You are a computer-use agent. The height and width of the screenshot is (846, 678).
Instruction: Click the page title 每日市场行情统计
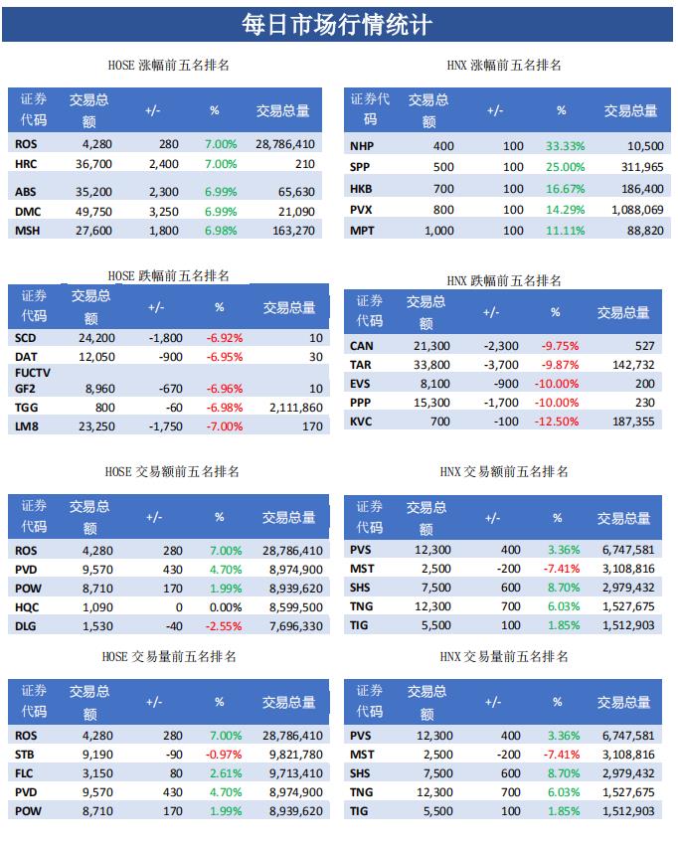pos(338,23)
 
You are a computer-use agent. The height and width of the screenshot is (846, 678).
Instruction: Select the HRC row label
pos(26,164)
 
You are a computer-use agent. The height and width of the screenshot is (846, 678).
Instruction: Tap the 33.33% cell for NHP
pos(565,146)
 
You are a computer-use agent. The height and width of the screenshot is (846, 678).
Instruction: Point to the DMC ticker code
pos(28,212)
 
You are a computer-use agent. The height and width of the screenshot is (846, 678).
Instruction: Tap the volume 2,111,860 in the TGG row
pos(295,407)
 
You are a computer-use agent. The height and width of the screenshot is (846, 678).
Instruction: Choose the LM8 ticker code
pos(28,425)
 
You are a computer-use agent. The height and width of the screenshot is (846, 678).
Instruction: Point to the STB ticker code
pos(26,755)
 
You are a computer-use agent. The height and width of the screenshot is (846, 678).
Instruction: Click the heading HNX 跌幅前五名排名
pos(503,281)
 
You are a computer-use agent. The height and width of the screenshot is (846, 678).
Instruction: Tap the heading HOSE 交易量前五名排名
pos(169,656)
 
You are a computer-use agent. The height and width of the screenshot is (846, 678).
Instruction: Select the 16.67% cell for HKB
pos(565,189)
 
